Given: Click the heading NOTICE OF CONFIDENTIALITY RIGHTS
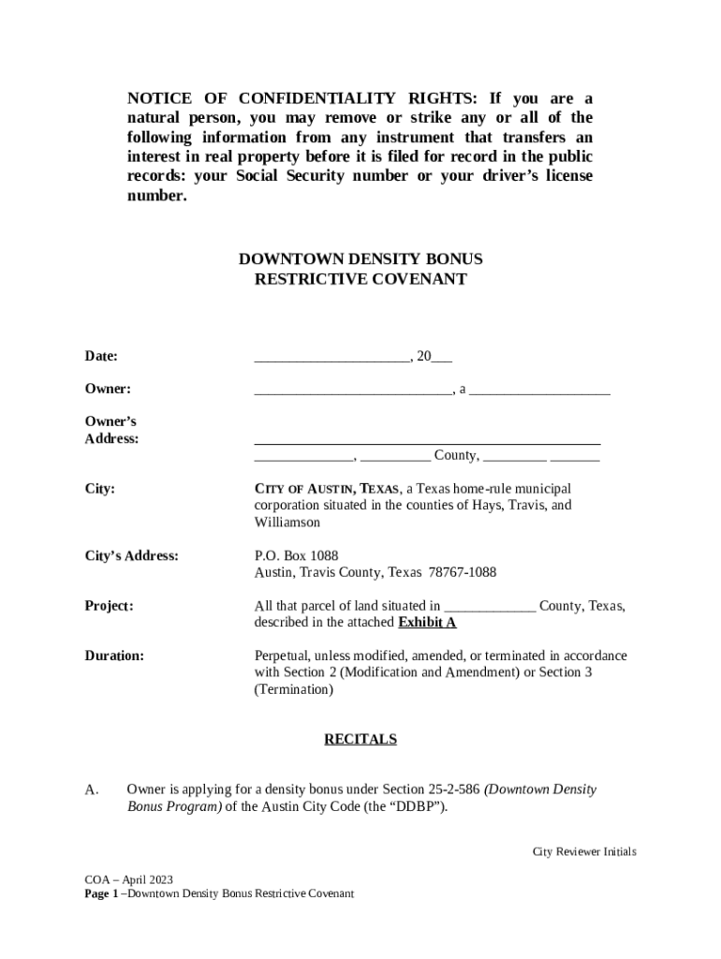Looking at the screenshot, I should point(304,98).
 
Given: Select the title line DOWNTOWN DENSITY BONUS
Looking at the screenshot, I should point(360,258).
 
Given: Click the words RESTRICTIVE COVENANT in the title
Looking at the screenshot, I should point(360,279).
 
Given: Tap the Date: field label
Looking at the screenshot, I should point(101,356).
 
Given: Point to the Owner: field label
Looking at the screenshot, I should point(108,389).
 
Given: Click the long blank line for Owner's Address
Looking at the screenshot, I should point(427,441).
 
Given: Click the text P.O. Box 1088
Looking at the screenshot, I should point(296,555).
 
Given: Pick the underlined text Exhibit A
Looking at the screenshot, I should point(427,623).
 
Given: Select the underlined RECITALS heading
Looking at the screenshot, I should point(360,740).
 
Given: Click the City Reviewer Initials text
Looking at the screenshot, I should point(584,851).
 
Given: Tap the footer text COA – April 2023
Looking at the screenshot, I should point(128,879).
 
